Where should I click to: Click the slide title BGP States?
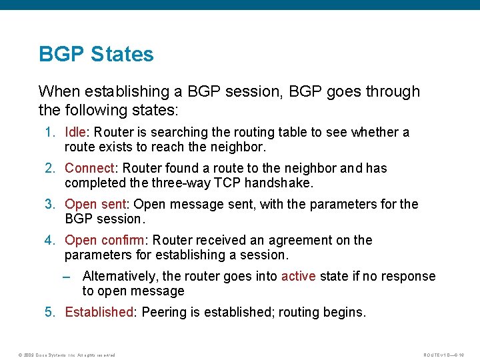96,54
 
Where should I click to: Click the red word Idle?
75,132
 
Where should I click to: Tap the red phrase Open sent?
95,204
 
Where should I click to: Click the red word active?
298,276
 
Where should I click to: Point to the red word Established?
99,312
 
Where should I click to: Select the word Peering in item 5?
164,312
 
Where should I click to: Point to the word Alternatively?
119,276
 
